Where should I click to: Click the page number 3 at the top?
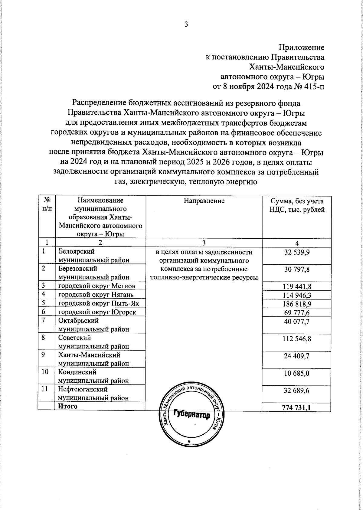[x=186, y=25]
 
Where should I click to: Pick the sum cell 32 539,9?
[x=297, y=252]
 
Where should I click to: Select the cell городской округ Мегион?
[x=97, y=286]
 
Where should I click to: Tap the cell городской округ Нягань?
[x=96, y=295]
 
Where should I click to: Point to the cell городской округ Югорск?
[x=97, y=312]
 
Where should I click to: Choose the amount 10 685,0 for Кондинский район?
[x=297, y=373]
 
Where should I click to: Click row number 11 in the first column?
[x=45, y=389]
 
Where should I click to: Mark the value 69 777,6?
[x=297, y=313]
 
